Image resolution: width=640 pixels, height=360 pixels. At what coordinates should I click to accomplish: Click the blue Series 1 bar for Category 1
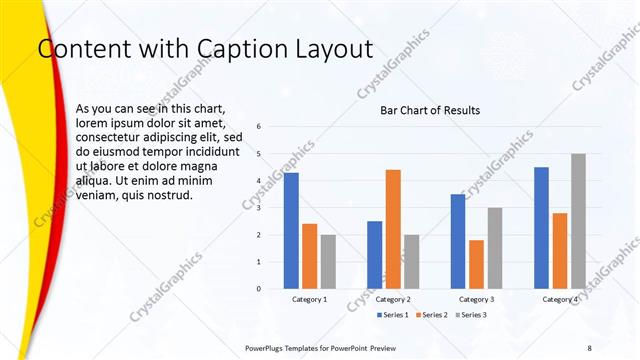[x=291, y=230]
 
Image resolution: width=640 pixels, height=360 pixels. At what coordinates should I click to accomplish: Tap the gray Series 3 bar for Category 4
[x=578, y=221]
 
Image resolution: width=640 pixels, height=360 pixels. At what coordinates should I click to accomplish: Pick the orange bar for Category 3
[x=476, y=264]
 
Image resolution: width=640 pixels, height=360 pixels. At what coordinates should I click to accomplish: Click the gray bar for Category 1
[x=328, y=261]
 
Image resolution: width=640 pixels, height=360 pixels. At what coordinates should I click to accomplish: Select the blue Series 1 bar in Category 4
[x=541, y=227]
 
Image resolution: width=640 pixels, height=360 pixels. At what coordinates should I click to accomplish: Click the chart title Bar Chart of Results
[x=430, y=110]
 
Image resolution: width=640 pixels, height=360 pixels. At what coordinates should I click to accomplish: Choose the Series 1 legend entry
[x=392, y=315]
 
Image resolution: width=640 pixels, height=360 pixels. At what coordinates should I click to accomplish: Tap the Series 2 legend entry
[x=430, y=315]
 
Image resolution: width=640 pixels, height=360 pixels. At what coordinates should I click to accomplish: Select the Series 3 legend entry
[x=468, y=315]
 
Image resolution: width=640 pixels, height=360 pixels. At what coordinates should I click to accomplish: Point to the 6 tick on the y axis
[x=259, y=127]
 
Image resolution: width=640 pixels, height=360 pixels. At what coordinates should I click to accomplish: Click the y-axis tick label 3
[x=259, y=208]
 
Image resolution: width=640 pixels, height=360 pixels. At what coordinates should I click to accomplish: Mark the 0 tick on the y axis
[x=259, y=289]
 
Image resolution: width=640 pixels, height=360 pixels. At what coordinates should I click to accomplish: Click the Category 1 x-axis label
[x=309, y=299]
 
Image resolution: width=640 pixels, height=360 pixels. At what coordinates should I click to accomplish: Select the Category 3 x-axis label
[x=476, y=299]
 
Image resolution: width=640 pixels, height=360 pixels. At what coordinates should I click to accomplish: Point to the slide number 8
[x=589, y=347]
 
